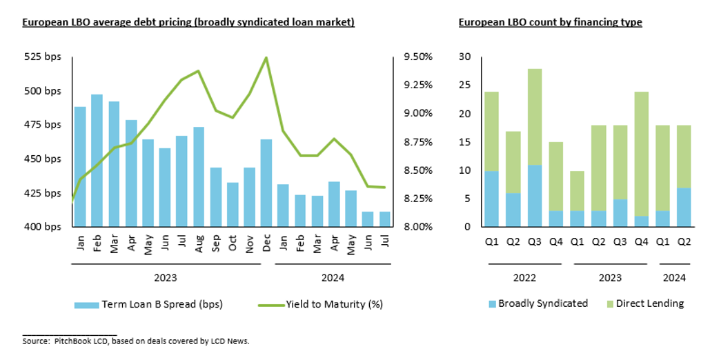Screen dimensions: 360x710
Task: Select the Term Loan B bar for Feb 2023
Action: [97, 161]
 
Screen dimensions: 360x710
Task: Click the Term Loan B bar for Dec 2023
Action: [266, 183]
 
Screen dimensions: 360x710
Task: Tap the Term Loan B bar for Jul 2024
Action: [384, 219]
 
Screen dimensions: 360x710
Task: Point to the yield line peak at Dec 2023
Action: [266, 58]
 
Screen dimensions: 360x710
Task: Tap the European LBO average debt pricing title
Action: [188, 22]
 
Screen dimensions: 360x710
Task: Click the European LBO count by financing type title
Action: [550, 22]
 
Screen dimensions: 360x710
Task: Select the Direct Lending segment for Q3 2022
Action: [535, 117]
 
